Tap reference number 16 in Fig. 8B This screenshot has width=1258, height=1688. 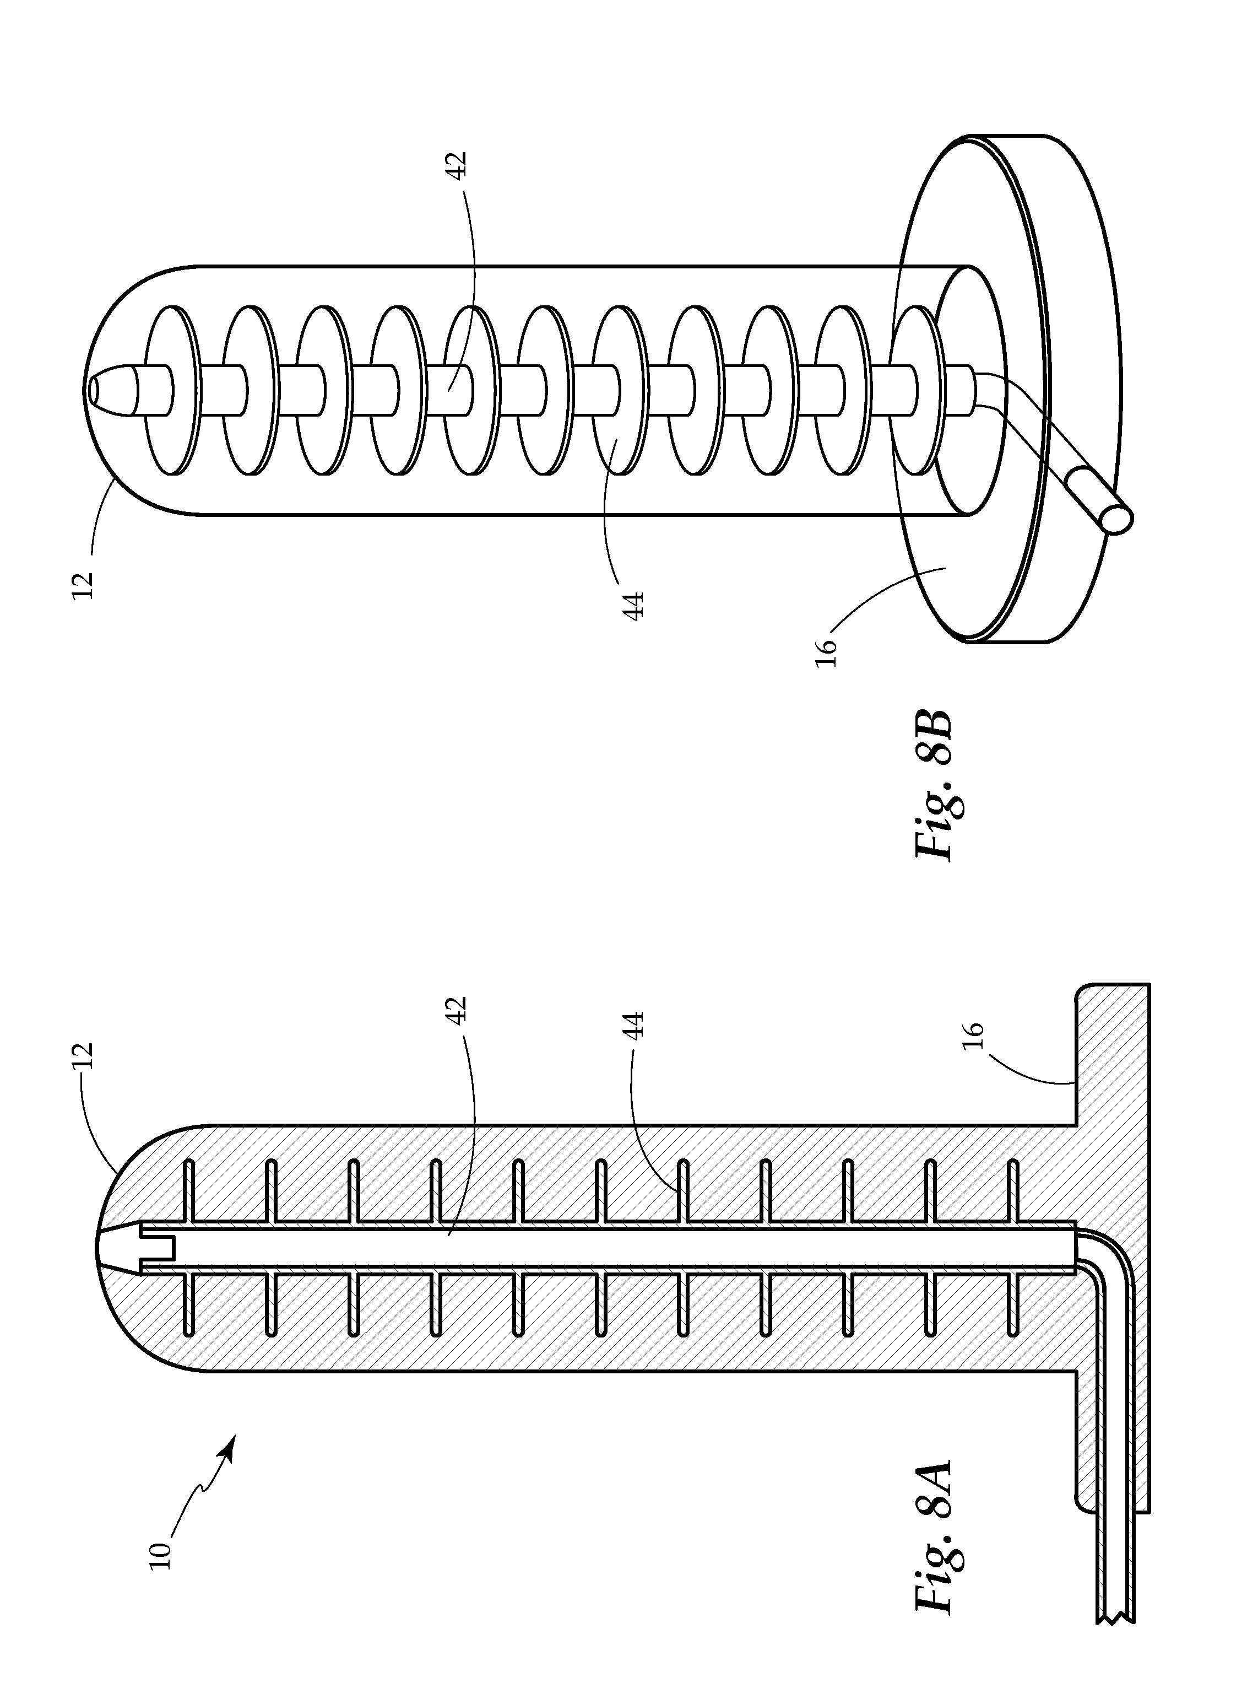click(826, 653)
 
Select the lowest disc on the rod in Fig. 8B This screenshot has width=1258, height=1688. click(918, 391)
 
